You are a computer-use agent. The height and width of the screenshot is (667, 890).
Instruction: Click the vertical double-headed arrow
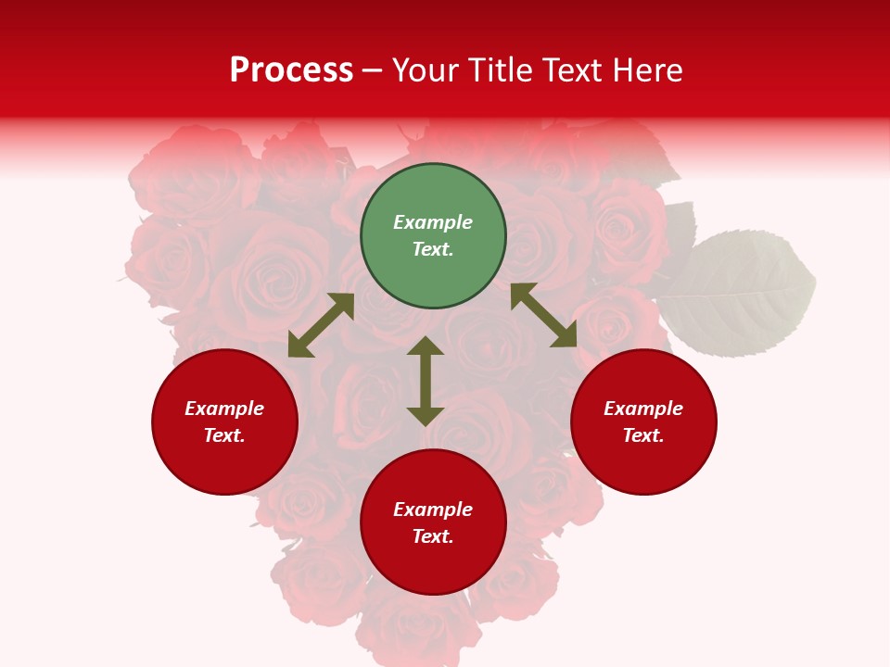pos(426,381)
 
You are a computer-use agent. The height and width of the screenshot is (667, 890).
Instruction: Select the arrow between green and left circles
pos(321,325)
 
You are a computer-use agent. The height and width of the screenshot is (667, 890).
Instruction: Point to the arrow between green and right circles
pos(543,315)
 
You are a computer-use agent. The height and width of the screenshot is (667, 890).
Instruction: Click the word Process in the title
pos(291,69)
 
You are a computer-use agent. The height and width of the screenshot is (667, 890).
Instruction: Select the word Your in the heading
pos(426,69)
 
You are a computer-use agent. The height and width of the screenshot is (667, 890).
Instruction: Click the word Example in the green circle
pos(433,222)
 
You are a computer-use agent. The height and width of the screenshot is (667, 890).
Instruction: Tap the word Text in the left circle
pos(224,435)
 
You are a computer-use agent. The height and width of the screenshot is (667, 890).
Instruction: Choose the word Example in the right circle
pos(643,409)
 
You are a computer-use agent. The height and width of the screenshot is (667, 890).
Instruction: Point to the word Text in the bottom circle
pos(433,536)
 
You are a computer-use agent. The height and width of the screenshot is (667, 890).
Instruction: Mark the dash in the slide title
pos(373,71)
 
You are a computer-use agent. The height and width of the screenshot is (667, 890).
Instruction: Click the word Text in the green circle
pos(433,249)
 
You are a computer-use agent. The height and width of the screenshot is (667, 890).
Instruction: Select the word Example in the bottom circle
pos(433,510)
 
